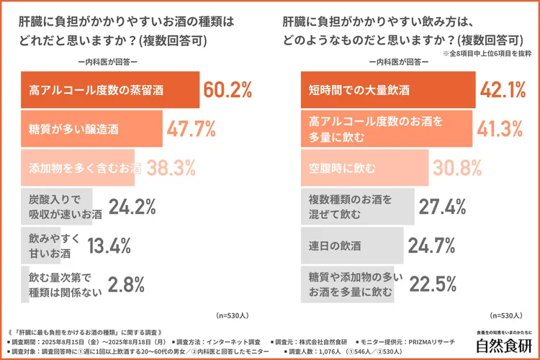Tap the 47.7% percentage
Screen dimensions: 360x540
pyautogui.click(x=191, y=129)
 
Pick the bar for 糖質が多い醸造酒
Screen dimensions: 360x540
pyautogui.click(x=90, y=129)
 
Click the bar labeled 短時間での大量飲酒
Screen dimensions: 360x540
pyautogui.click(x=387, y=90)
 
